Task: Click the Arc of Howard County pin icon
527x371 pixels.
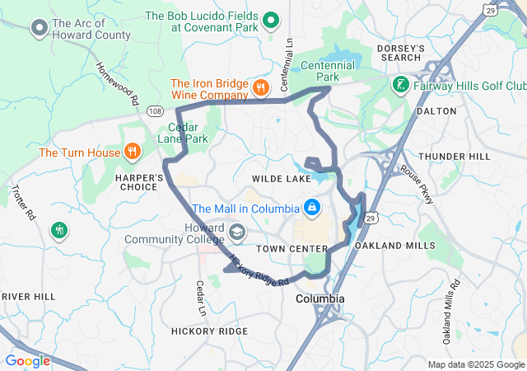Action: coord(39,30)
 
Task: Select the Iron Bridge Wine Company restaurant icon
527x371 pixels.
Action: coord(260,86)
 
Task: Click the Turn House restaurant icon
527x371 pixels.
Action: coord(131,151)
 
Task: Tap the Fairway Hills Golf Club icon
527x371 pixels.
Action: coord(400,85)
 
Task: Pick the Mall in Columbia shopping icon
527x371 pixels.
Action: coord(312,207)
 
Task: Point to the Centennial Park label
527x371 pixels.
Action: coord(328,65)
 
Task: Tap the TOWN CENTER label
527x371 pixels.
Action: coord(291,248)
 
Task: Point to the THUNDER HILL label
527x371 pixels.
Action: coord(454,157)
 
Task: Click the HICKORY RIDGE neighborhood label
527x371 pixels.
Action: coord(209,331)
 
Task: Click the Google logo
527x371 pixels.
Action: coord(27,360)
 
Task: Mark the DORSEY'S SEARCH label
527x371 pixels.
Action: coord(400,54)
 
